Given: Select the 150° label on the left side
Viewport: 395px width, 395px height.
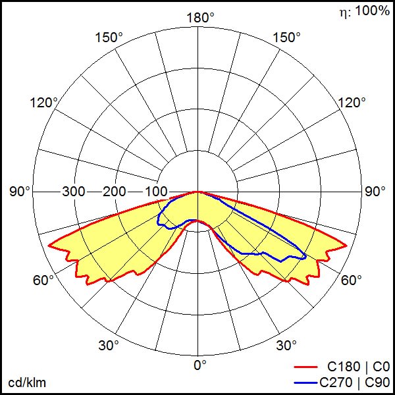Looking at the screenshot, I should click(109, 38).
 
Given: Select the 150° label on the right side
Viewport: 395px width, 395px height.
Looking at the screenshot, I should click(286, 38).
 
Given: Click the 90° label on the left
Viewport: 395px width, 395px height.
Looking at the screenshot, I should click(20, 192).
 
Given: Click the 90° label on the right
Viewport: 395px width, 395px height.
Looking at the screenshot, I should click(375, 192).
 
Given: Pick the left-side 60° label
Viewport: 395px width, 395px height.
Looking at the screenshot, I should click(43, 280).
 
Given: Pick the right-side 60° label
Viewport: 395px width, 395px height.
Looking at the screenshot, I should click(352, 280).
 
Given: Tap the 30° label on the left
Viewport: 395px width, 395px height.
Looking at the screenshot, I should click(109, 345).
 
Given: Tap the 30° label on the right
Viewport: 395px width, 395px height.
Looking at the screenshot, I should click(286, 345).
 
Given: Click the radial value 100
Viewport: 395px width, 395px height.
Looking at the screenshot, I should click(157, 192).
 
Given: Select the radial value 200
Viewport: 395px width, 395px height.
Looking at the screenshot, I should click(115, 192).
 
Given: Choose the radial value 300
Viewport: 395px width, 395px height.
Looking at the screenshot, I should click(74, 192).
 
